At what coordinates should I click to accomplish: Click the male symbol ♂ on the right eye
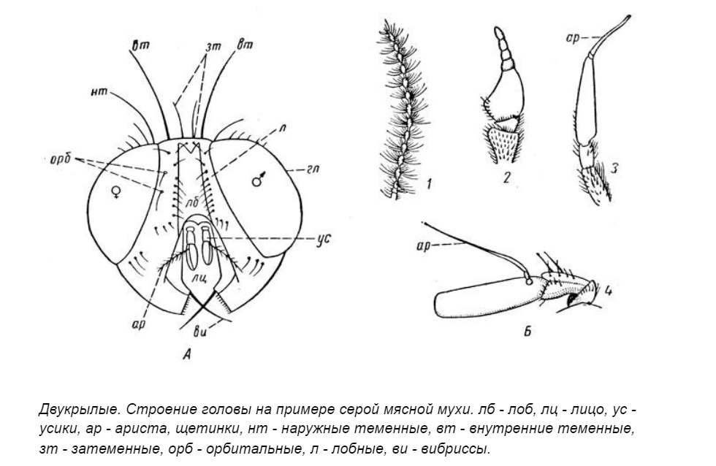pyautogui.click(x=257, y=180)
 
